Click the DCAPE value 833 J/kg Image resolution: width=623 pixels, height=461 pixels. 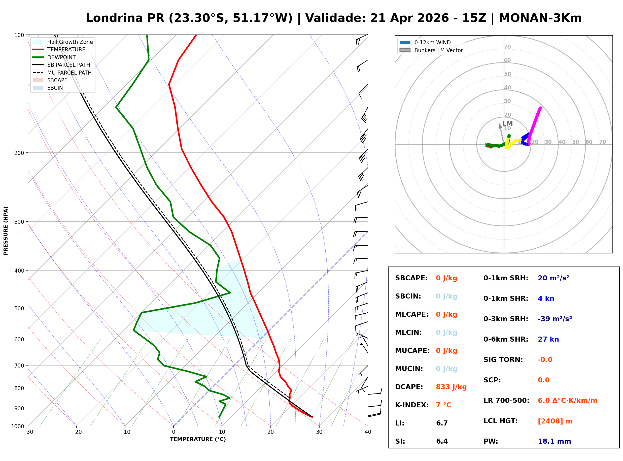pyautogui.click(x=451, y=387)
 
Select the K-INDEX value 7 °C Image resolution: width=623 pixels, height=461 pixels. pyautogui.click(x=443, y=405)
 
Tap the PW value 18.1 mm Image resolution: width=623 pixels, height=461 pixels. pyautogui.click(x=554, y=441)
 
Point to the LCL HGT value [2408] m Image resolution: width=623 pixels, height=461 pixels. pyautogui.click(x=555, y=421)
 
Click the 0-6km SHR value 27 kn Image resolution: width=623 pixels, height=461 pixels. pyautogui.click(x=548, y=339)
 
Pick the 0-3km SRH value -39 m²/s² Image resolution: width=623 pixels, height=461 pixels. pyautogui.click(x=555, y=319)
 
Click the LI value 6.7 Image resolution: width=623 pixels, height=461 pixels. pyautogui.click(x=442, y=423)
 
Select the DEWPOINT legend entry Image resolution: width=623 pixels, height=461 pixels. pyautogui.click(x=61, y=57)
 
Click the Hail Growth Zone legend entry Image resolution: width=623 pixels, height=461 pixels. pyautogui.click(x=70, y=42)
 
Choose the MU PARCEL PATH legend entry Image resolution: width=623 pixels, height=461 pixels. pyautogui.click(x=70, y=73)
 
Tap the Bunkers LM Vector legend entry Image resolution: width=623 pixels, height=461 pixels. pyautogui.click(x=438, y=50)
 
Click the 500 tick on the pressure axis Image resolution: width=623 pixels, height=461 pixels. pyautogui.click(x=19, y=308)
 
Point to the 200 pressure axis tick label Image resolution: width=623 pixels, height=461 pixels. pyautogui.click(x=19, y=153)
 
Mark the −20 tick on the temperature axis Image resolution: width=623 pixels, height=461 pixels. pyautogui.click(x=76, y=432)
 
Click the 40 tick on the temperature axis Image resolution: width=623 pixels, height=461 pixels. pyautogui.click(x=368, y=432)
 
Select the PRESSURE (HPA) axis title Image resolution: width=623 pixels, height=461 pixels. pyautogui.click(x=6, y=231)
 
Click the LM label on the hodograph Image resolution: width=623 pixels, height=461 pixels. pyautogui.click(x=507, y=124)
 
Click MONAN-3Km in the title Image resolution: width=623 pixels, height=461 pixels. pyautogui.click(x=540, y=18)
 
